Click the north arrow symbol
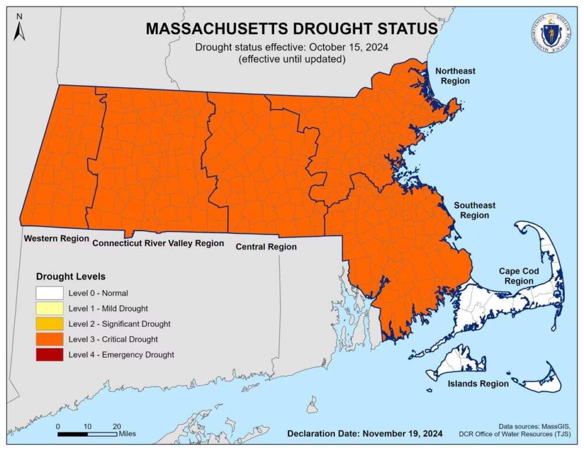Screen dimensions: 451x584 tap(20, 28)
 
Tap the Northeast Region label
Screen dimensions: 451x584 tap(456, 76)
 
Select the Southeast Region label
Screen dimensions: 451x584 tap(474, 210)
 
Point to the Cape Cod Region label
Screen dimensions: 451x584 tap(519, 276)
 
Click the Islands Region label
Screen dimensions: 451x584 tap(478, 383)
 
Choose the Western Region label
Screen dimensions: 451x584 tap(56, 239)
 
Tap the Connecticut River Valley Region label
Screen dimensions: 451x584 tap(158, 243)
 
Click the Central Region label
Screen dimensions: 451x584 tap(266, 247)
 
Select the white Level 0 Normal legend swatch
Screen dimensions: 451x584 tap(49, 293)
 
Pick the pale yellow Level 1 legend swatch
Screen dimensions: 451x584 tap(49, 308)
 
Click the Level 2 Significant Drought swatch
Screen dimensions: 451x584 tap(49, 323)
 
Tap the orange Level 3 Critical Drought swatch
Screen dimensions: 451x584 tap(49, 338)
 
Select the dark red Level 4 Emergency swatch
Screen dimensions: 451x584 tap(49, 354)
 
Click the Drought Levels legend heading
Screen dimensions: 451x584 tap(71, 276)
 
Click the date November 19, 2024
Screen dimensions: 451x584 tap(402, 433)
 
